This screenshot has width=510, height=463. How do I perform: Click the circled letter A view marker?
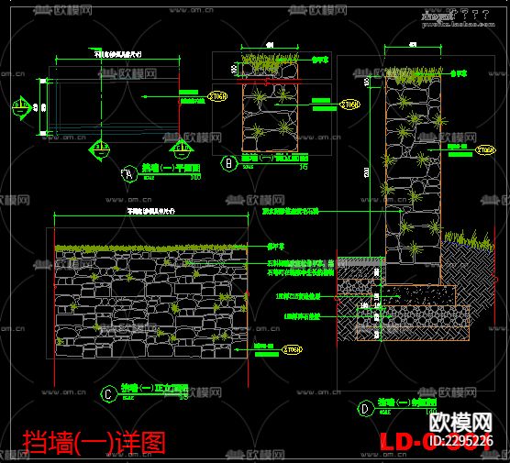pos(128,171)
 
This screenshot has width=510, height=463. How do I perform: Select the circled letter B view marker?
pos(229,163)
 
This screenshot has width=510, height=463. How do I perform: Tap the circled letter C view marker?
pos(108,394)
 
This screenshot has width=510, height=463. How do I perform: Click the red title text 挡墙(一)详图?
pos(94,442)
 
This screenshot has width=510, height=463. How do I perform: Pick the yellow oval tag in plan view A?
pos(217,96)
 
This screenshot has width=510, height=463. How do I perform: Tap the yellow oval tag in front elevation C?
pos(292,349)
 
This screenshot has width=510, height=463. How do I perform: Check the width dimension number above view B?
pos(269,44)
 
